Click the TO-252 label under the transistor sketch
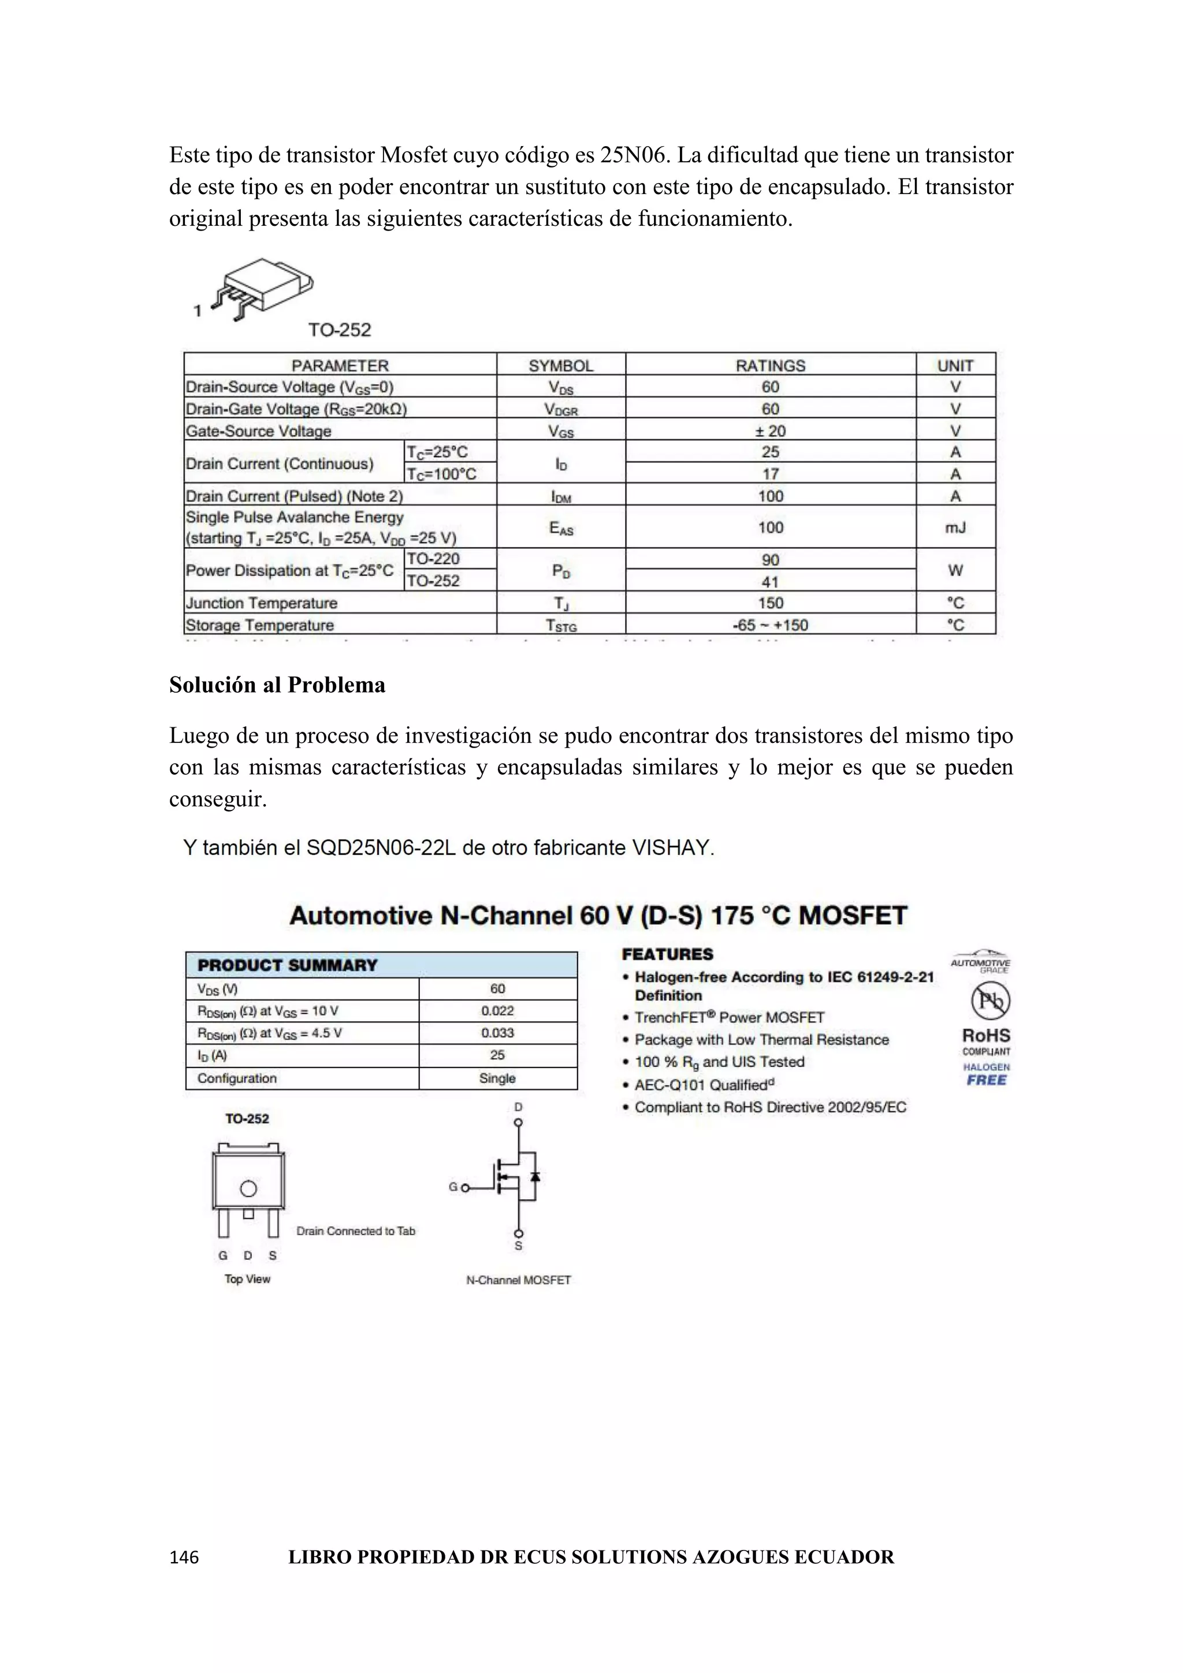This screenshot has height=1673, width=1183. coord(340,330)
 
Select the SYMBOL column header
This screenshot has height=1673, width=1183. coord(560,365)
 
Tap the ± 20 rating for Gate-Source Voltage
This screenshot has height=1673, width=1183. coord(770,430)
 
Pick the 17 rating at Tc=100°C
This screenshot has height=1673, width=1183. coord(770,474)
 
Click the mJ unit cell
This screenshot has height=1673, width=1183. coord(955,527)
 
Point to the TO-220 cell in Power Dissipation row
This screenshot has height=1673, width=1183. coord(433,559)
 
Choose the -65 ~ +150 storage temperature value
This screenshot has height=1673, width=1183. coord(770,624)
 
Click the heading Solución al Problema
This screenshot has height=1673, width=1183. coord(277,685)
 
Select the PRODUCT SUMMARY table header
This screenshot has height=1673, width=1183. coord(288,965)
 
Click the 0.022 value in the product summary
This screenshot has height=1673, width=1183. coord(497,1010)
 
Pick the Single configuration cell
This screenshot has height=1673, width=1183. coord(497,1077)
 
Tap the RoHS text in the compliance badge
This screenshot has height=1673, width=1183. coord(987,1035)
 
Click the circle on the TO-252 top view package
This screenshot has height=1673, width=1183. coord(248,1188)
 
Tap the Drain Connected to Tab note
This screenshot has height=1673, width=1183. coord(355,1230)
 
